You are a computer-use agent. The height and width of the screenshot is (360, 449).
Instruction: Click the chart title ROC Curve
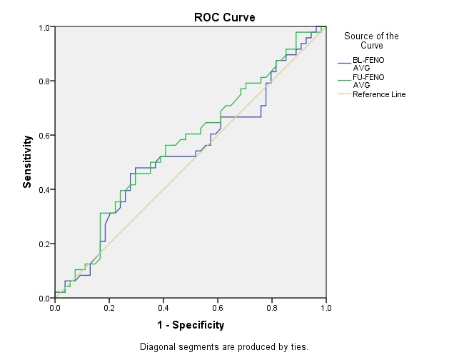pos(224,17)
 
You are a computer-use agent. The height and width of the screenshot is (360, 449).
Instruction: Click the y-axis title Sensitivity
pos(27,162)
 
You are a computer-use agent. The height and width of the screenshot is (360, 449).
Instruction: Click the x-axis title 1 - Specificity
pos(191,325)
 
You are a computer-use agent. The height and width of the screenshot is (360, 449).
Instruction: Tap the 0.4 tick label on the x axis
pos(163,308)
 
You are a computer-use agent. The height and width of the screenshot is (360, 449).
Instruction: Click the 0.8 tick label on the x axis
pos(272,308)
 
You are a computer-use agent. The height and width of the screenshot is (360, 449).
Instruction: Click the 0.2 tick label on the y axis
pos(44,244)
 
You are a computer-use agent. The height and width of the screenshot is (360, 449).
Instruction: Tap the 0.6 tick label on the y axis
pos(44,136)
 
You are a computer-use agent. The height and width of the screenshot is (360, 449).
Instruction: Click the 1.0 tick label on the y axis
pos(44,27)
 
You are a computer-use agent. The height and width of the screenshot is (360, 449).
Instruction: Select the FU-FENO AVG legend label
pos(369,81)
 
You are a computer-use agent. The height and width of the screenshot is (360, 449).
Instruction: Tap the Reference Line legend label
pos(379,94)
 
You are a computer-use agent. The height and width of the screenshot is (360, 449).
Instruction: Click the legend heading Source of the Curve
pos(371,41)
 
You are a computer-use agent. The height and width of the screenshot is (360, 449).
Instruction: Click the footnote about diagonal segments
pos(224,347)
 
